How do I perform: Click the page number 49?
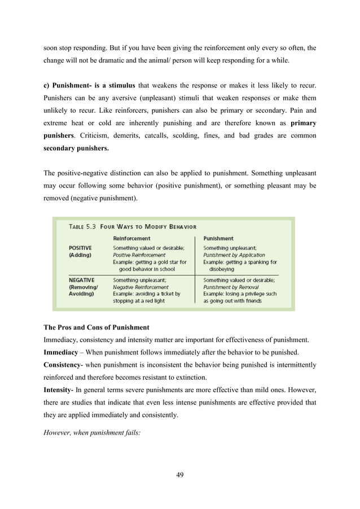(180, 474)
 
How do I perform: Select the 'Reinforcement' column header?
(132, 239)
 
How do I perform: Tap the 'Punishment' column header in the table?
(218, 239)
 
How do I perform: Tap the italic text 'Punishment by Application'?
(234, 255)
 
